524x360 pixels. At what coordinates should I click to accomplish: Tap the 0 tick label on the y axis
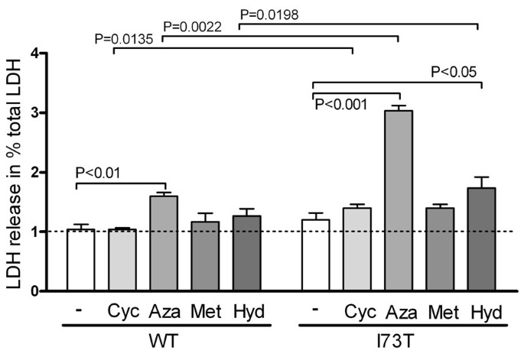(x=35, y=291)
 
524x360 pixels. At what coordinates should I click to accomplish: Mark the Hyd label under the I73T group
(x=480, y=313)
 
